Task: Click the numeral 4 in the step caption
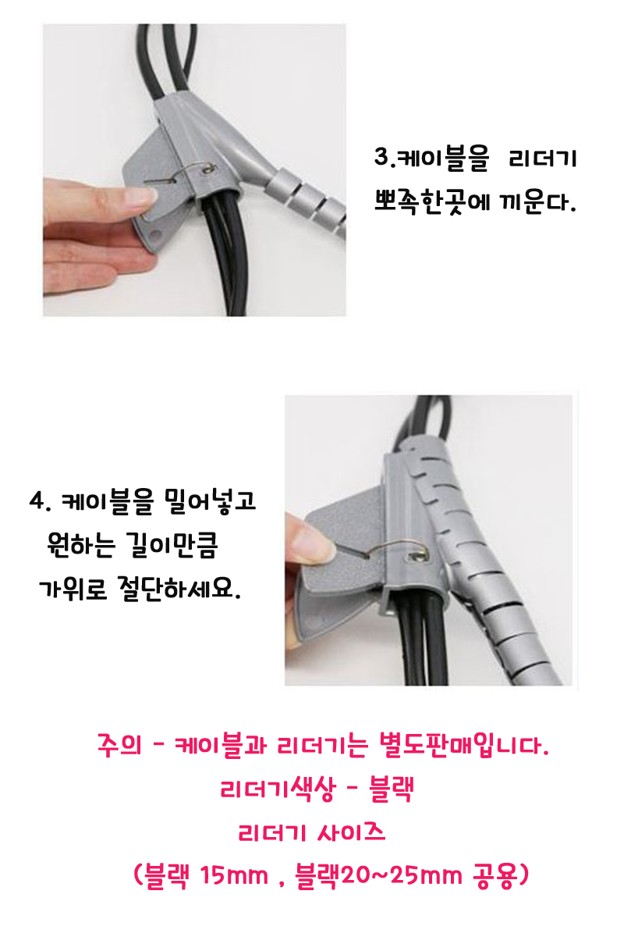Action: point(37,501)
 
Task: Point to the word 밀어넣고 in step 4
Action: point(211,501)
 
